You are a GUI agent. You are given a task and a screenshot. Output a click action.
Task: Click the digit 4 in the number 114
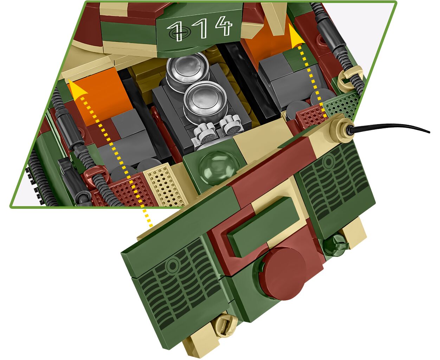coord(224,26)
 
